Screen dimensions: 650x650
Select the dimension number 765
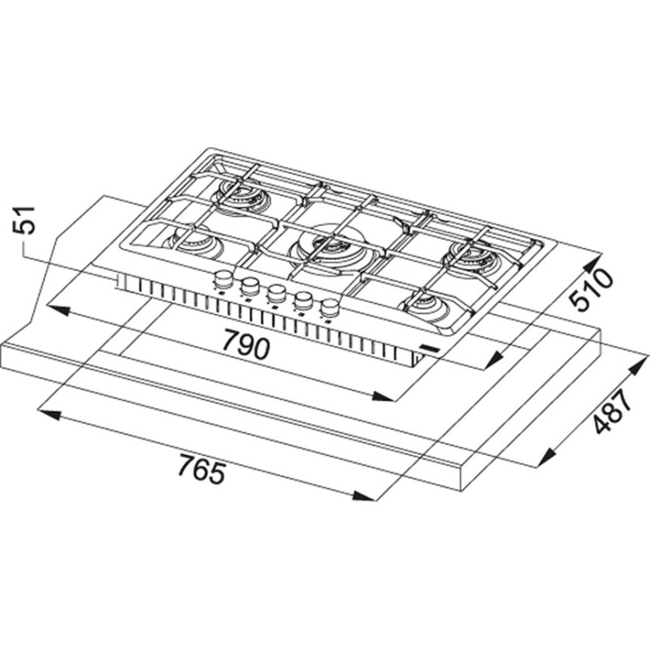[202, 469]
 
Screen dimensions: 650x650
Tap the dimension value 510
[591, 289]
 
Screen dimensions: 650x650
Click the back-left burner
[241, 195]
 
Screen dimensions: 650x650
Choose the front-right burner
[431, 307]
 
